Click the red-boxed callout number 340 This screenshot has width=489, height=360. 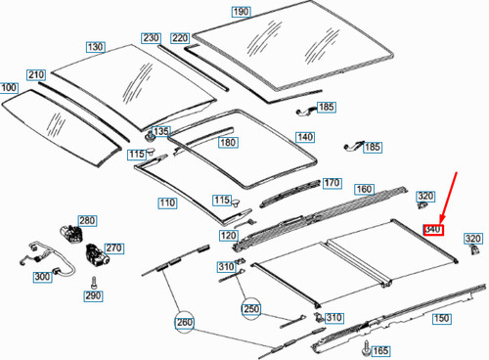click(x=433, y=230)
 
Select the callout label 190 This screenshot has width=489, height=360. click(x=241, y=11)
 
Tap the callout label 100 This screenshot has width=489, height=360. click(x=10, y=88)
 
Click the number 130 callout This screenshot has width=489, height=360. click(x=95, y=47)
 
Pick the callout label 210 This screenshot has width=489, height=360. click(x=35, y=75)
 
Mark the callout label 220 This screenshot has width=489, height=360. click(x=179, y=38)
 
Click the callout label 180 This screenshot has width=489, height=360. click(x=227, y=143)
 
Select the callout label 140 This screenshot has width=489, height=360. click(x=305, y=137)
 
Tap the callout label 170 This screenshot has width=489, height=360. click(x=332, y=183)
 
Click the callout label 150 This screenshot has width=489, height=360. click(x=441, y=319)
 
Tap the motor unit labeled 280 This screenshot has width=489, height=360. click(x=70, y=232)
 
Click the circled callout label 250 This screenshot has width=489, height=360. click(x=253, y=308)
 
